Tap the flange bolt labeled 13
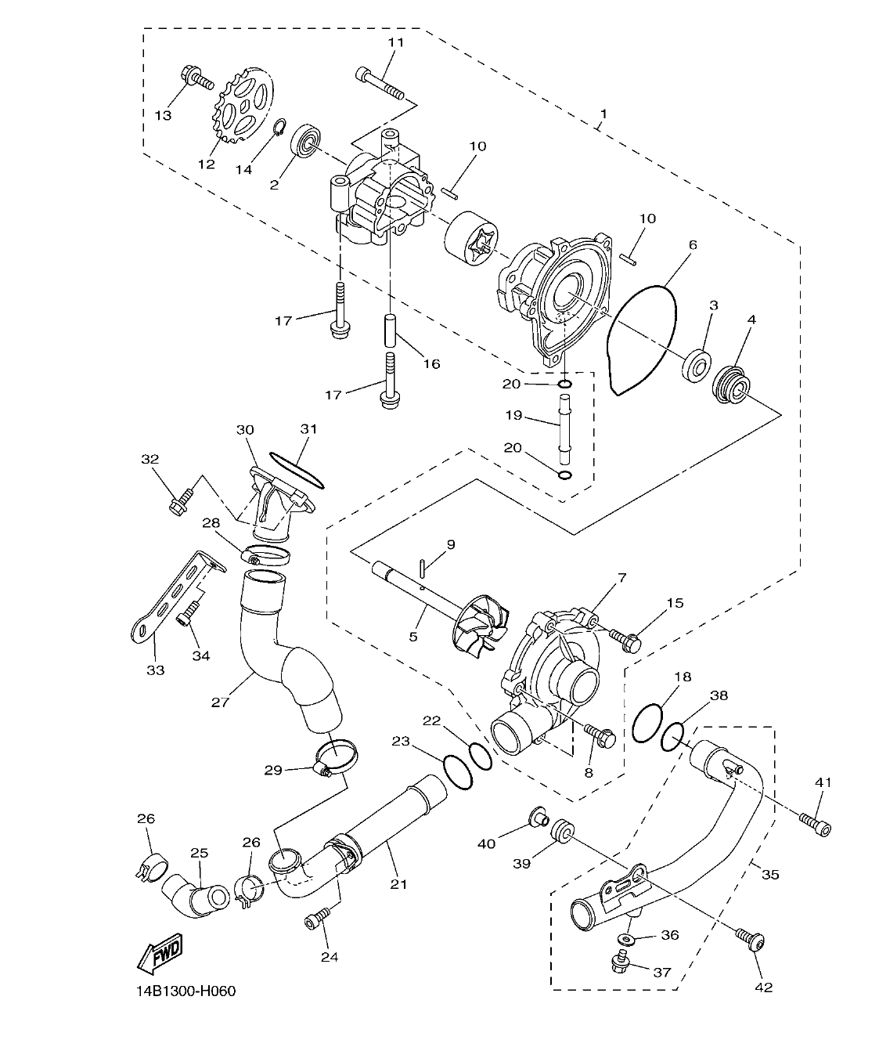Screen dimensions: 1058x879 (196, 78)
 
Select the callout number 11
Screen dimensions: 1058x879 (396, 42)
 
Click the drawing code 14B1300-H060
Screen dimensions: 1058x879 (184, 991)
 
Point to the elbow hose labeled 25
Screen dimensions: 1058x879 (194, 894)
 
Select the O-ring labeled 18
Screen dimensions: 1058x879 (647, 722)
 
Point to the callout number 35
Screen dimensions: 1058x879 (770, 873)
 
